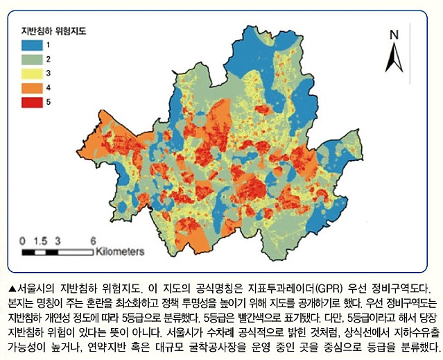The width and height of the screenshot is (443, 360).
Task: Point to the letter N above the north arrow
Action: click(394, 35)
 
